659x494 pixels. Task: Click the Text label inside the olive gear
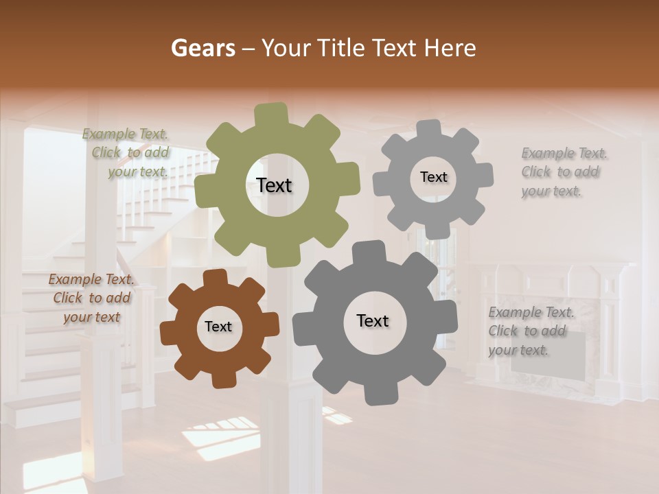[x=274, y=185]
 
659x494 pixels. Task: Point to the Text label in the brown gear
[x=218, y=327]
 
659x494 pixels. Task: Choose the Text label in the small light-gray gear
[x=433, y=177]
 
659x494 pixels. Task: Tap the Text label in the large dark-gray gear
[x=373, y=320]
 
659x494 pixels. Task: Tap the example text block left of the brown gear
[x=91, y=298]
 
